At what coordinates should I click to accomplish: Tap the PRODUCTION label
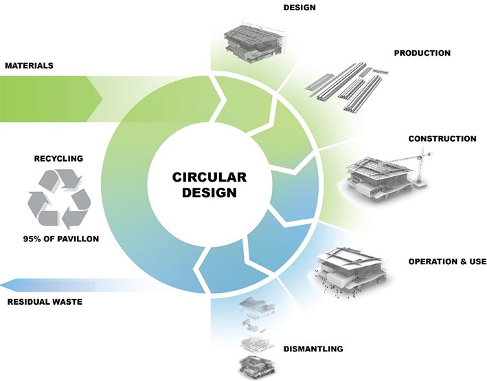[422, 53]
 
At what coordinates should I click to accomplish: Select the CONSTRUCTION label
[442, 139]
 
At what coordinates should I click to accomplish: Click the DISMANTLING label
[312, 349]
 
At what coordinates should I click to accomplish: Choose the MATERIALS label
[29, 66]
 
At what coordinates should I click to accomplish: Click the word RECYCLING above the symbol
[58, 159]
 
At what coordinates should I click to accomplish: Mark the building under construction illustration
[377, 178]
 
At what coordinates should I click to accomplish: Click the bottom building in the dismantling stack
[255, 364]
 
